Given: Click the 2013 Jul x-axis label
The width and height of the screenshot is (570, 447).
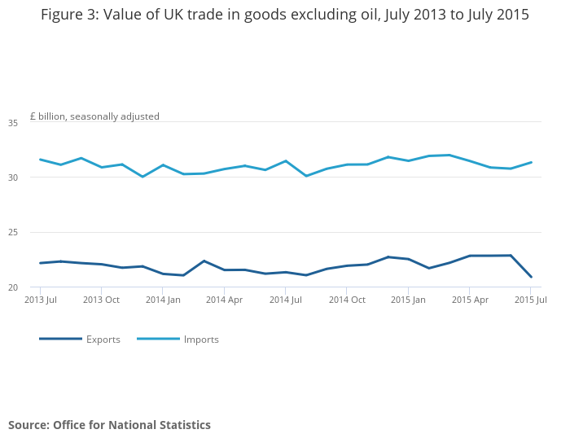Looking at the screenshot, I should pos(41,300).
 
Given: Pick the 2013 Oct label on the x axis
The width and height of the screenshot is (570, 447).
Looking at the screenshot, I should pos(102,300).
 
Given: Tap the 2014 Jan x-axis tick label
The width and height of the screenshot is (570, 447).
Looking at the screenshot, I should pos(163,300).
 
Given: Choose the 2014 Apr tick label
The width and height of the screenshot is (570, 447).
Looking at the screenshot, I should pos(224,300).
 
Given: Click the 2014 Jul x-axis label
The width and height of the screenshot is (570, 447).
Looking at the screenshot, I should pos(285,300).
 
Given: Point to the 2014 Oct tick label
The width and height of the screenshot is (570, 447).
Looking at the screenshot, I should pos(347,300).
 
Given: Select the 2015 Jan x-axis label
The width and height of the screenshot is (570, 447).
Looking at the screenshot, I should pos(408,300).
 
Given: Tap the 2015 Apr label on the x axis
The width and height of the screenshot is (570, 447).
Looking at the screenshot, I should pos(470,300).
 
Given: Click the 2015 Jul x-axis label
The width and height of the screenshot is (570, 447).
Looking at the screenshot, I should pos(530,300).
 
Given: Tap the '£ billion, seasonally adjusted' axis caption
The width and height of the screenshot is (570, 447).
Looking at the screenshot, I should pos(94,116).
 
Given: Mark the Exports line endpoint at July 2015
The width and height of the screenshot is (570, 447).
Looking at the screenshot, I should pos(531,277).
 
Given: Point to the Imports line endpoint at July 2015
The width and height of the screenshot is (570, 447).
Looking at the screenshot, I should pos(531,162).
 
